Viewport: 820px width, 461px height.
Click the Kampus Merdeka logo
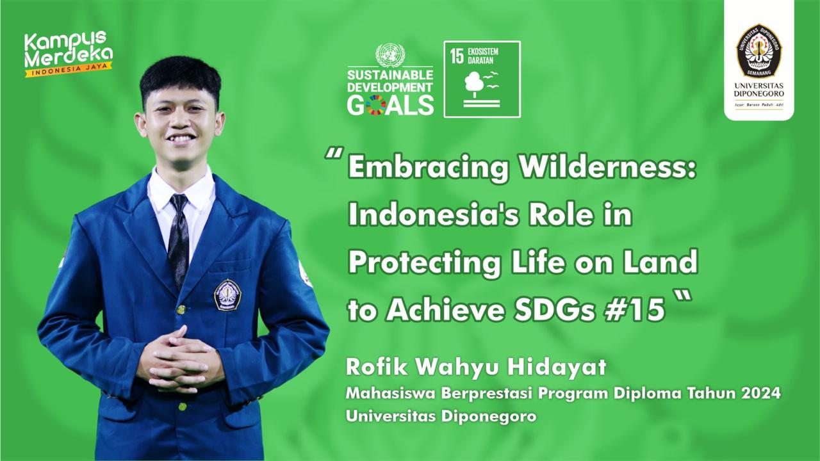(x=68, y=53)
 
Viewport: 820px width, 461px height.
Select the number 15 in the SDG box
(x=456, y=56)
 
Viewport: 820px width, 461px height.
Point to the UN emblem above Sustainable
(x=390, y=55)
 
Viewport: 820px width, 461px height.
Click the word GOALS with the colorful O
(x=390, y=104)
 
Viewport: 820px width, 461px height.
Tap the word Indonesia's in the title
(x=425, y=215)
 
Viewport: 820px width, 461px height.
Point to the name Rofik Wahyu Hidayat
(x=475, y=368)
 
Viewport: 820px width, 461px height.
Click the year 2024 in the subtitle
(x=762, y=393)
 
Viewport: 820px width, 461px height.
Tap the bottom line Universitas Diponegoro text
(x=441, y=416)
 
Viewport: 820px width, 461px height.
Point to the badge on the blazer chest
(x=227, y=295)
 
